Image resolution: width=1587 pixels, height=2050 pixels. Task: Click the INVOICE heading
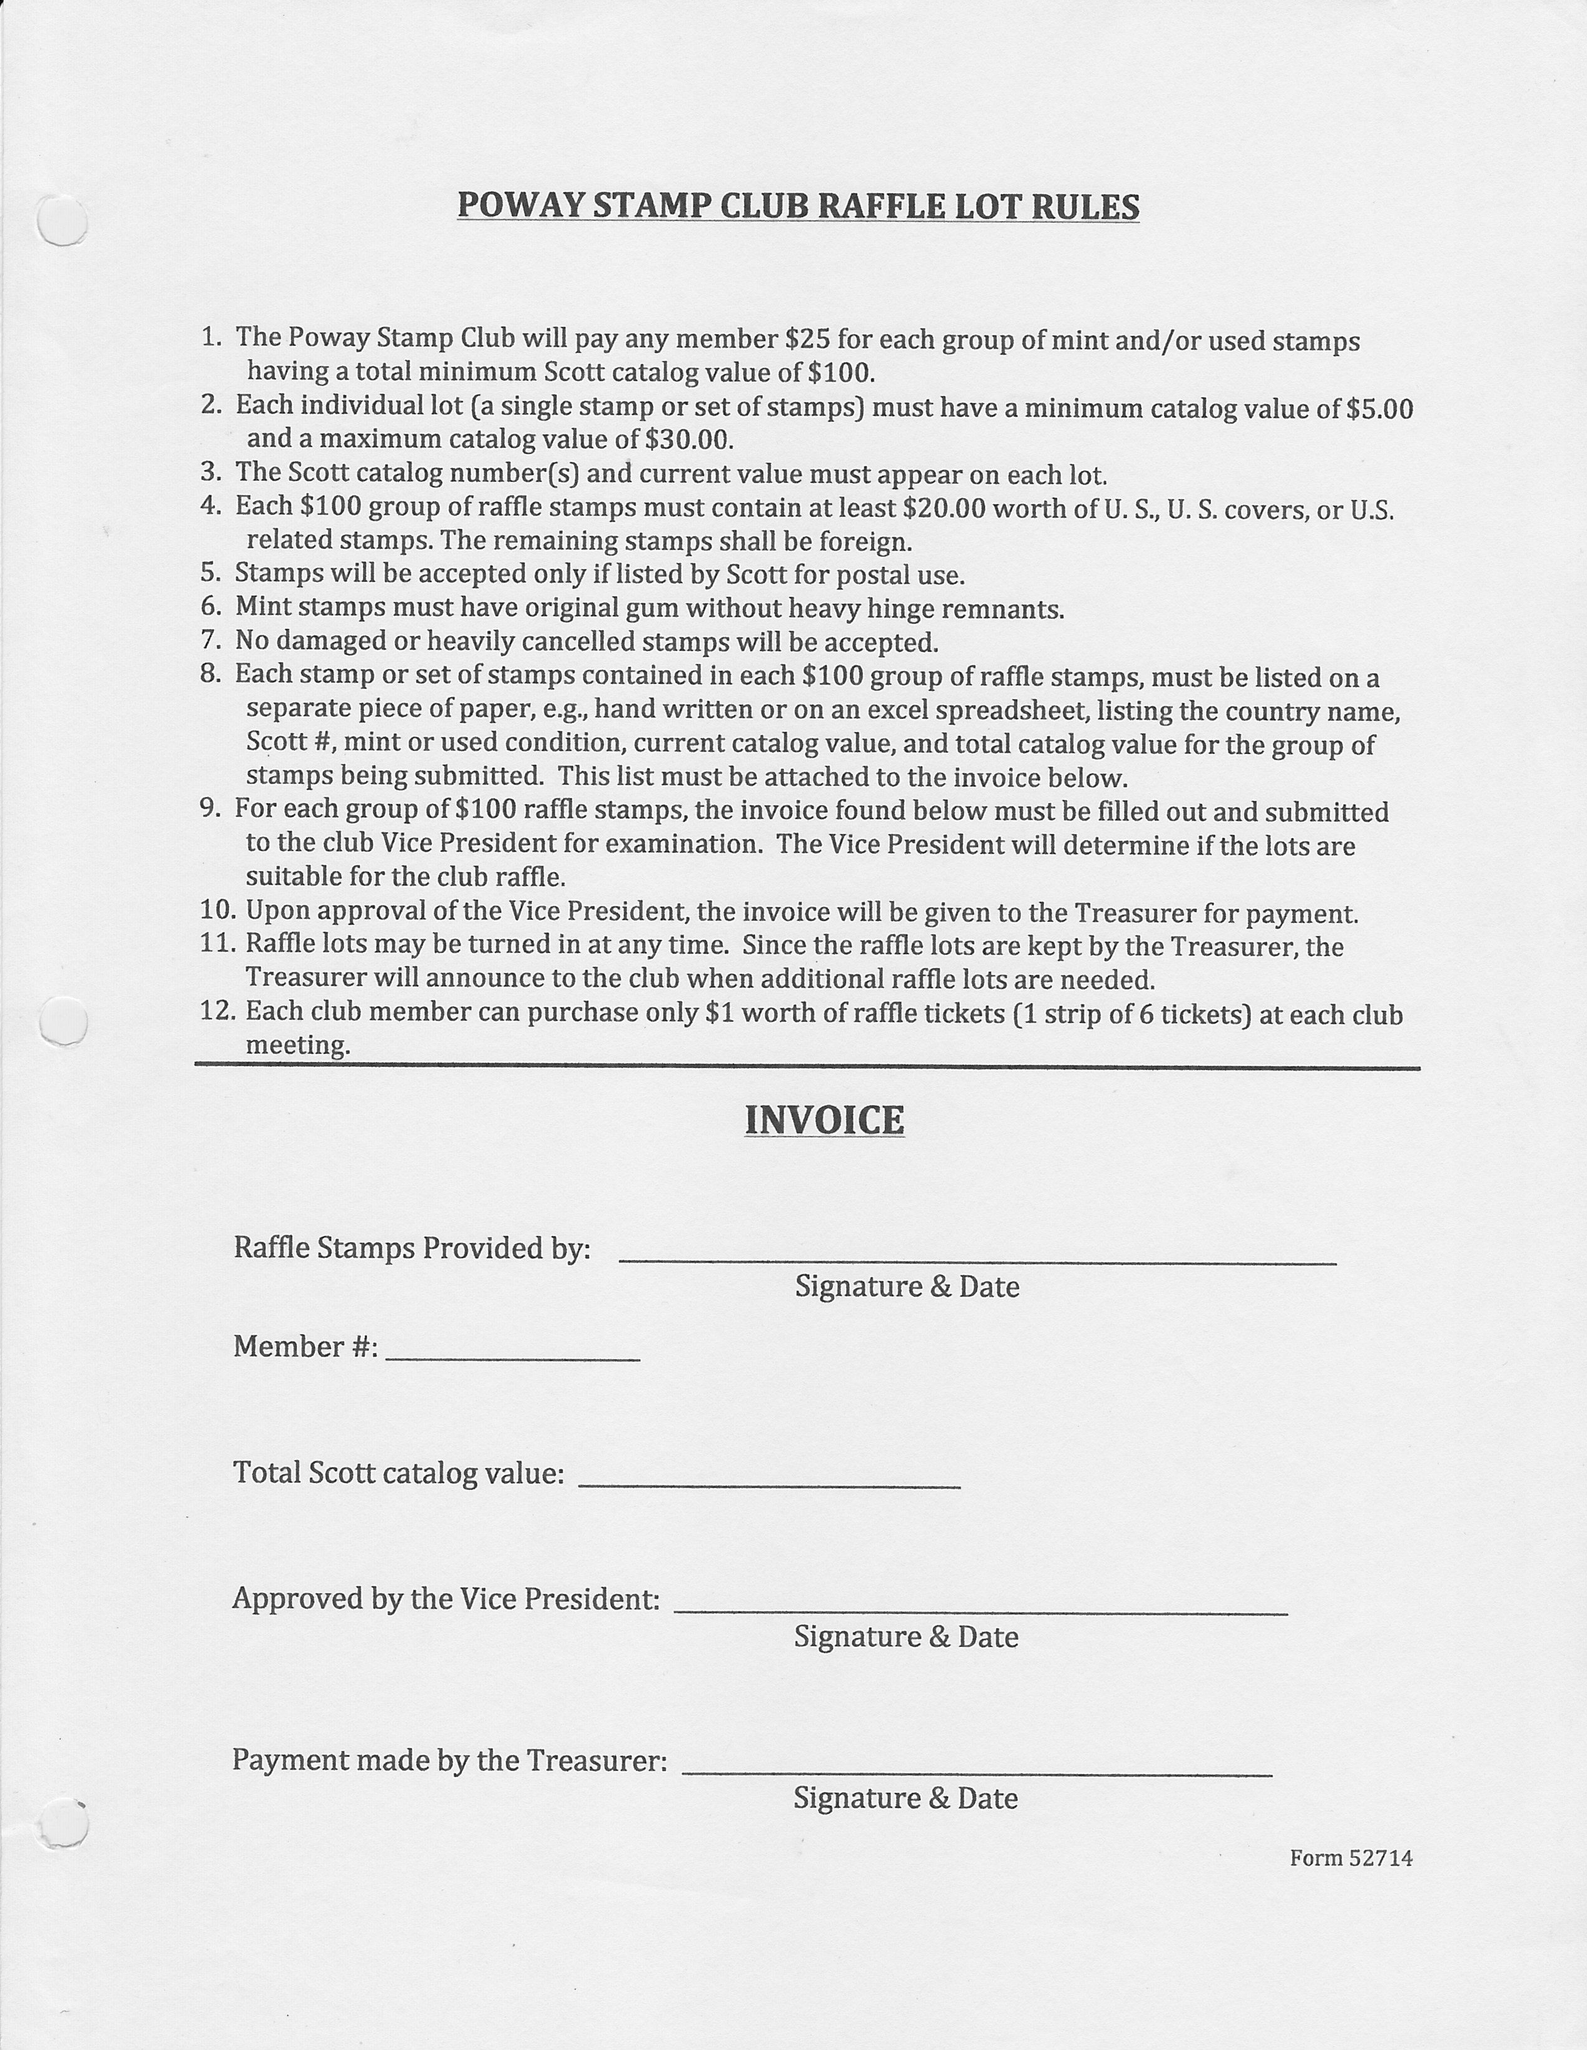824,1120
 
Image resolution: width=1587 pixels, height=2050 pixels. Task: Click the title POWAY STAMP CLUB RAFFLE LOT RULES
798,205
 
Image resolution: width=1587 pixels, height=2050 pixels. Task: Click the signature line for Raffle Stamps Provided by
977,1260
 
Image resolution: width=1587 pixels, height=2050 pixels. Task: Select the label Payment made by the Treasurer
449,1760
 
